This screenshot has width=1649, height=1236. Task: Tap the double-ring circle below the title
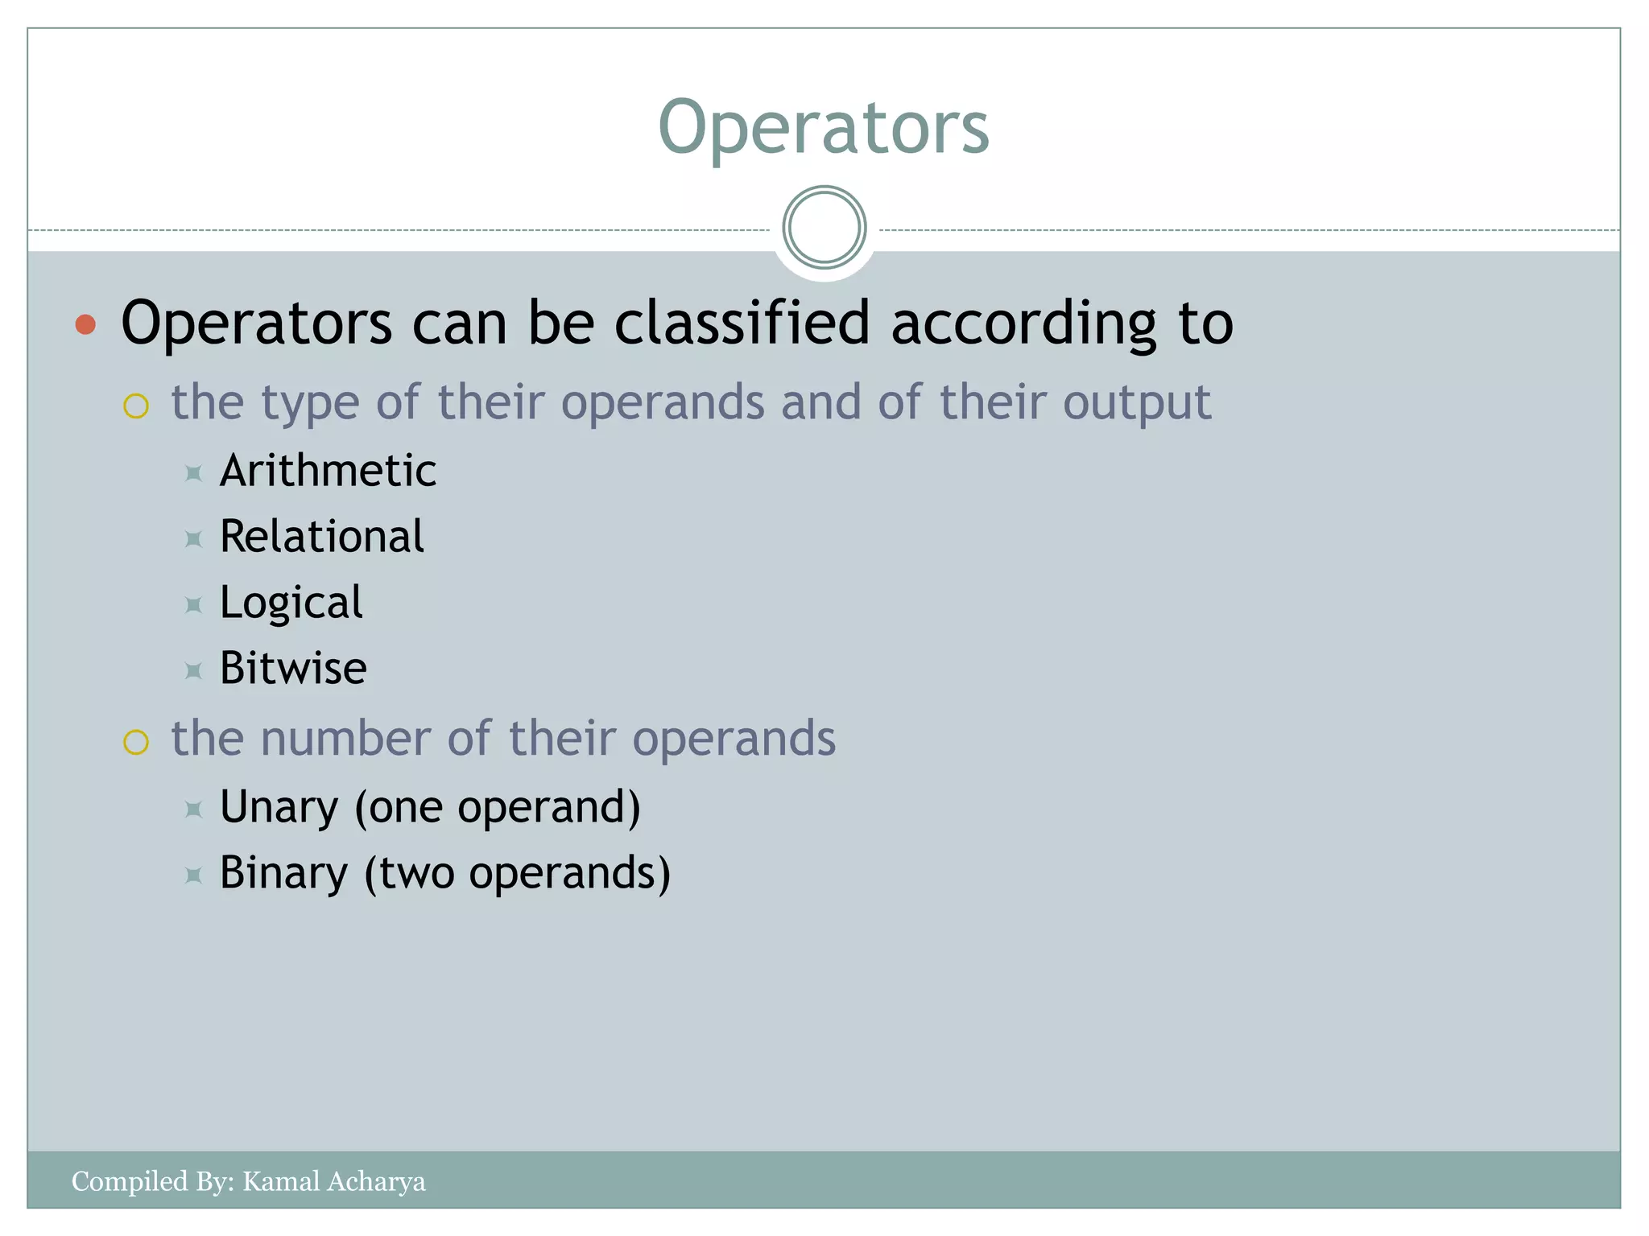tap(824, 228)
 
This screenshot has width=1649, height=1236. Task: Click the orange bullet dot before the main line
tap(85, 325)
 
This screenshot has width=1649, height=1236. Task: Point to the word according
tap(1023, 324)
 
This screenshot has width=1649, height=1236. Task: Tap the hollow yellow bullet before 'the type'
tap(136, 406)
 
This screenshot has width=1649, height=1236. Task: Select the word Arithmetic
tap(328, 471)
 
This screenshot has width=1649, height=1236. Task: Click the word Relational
tap(321, 537)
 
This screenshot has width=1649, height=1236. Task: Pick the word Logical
tap(291, 603)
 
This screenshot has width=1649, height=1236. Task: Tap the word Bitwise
tap(293, 669)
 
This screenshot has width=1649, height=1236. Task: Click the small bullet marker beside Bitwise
tap(193, 670)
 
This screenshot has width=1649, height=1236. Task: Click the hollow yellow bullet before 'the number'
tap(136, 742)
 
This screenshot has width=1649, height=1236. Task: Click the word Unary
tap(279, 807)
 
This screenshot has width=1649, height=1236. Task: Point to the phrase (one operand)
tap(498, 807)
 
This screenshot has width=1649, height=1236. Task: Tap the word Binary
tap(283, 873)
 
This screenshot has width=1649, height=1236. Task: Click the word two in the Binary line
tap(416, 874)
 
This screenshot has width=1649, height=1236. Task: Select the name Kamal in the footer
tap(278, 1181)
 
